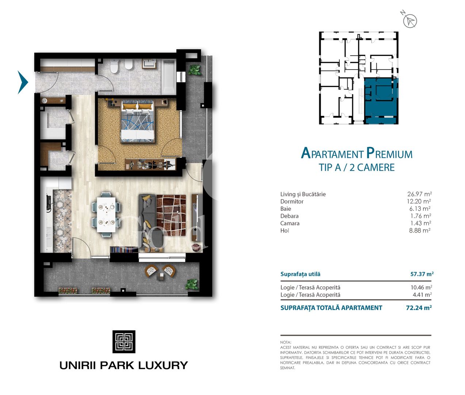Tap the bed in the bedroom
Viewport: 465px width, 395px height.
pos(137,122)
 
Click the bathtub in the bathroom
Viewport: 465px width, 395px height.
pos(168,76)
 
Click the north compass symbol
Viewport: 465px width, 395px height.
pos(409,20)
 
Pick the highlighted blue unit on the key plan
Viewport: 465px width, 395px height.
pos(381,101)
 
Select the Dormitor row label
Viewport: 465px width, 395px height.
pos(292,202)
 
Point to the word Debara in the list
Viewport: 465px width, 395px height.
pos(289,216)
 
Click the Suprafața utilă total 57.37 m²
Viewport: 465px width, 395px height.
pos(422,274)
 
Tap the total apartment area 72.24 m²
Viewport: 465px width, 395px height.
pos(419,308)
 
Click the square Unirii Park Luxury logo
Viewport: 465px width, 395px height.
pos(124,342)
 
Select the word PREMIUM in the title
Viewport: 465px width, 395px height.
pos(389,153)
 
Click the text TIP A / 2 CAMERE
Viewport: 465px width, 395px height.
pos(357,168)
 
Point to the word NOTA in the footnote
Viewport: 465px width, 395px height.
pos(286,342)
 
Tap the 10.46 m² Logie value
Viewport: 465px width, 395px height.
pos(421,287)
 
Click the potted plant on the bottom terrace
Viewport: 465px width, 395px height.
pos(192,284)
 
